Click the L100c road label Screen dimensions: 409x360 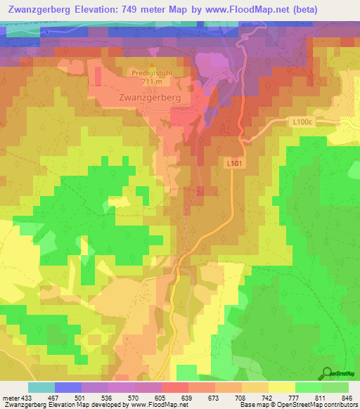tap(303, 122)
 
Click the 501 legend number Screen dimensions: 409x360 tap(80, 398)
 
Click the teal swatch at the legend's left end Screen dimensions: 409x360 tap(41, 387)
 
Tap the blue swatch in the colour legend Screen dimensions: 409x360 tap(67, 387)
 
